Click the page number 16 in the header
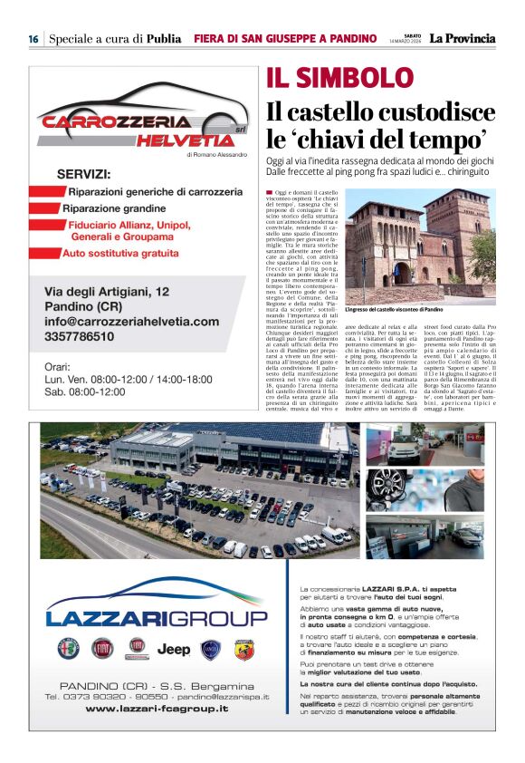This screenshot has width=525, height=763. (33, 39)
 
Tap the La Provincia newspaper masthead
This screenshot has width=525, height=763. (462, 38)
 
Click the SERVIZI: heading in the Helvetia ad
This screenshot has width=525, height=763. (84, 174)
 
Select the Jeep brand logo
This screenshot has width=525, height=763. (174, 649)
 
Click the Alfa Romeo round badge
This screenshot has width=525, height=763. (69, 649)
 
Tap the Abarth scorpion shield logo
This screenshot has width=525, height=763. (243, 649)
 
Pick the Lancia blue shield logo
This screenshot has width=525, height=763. (210, 649)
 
